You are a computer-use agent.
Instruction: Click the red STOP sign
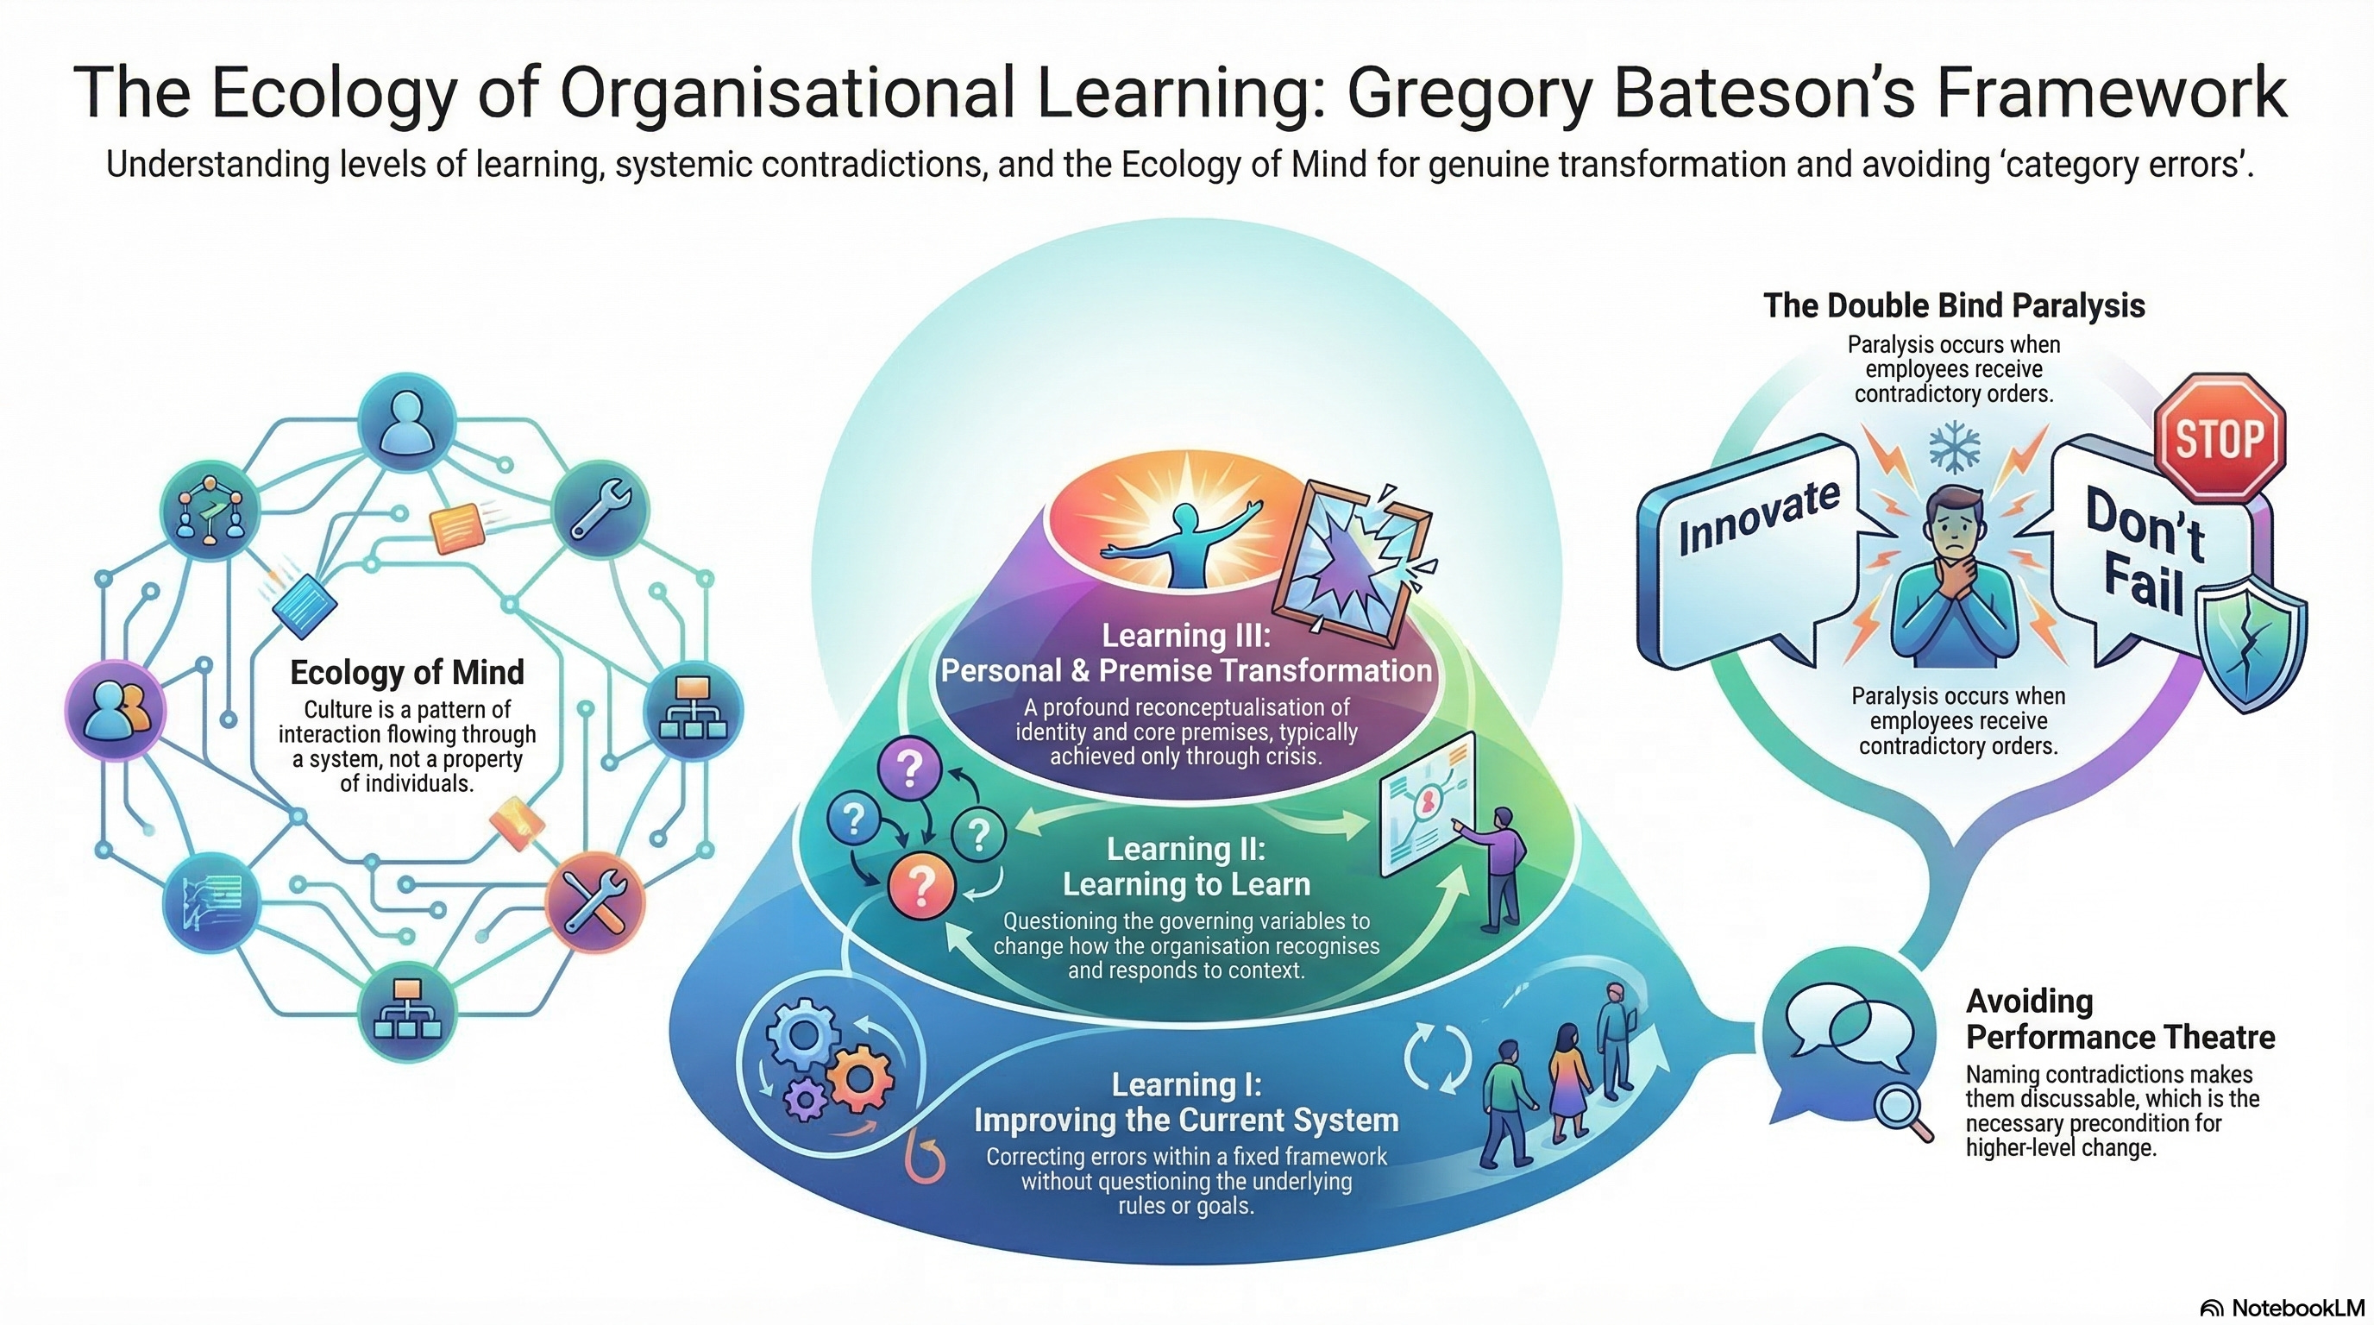point(2220,437)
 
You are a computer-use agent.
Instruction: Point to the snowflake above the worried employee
point(1953,449)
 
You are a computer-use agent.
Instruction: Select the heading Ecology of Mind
point(406,673)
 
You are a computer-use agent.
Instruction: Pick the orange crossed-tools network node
point(595,902)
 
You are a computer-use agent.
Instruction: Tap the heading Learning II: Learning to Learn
point(1186,866)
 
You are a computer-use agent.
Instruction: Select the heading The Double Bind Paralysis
point(1954,306)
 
